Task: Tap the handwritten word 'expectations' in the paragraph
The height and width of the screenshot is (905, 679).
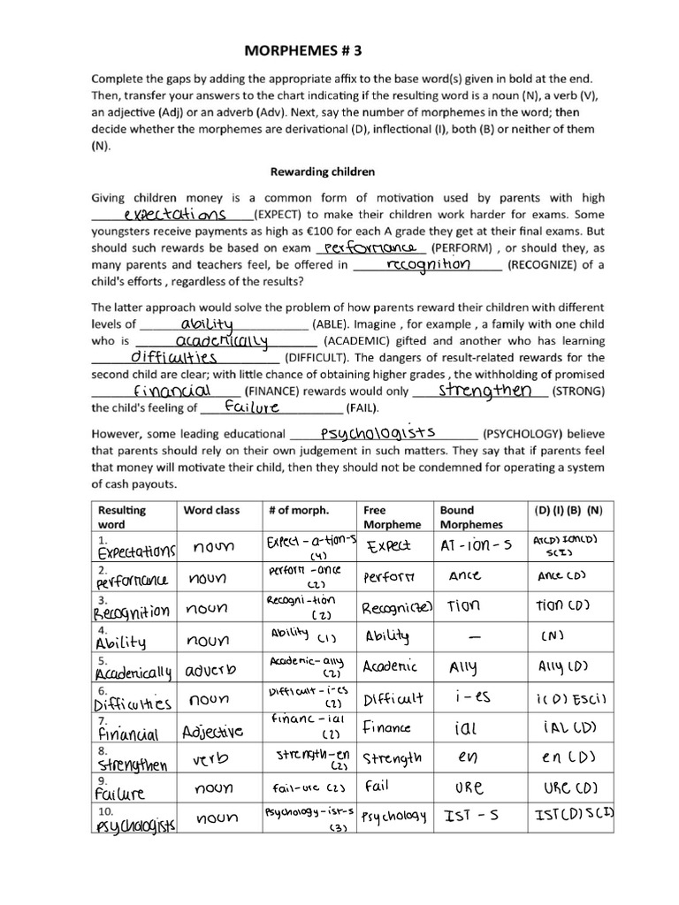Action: pos(174,215)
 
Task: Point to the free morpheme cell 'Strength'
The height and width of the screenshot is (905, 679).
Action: pos(392,757)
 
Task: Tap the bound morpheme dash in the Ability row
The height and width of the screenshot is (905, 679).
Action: pos(477,636)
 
